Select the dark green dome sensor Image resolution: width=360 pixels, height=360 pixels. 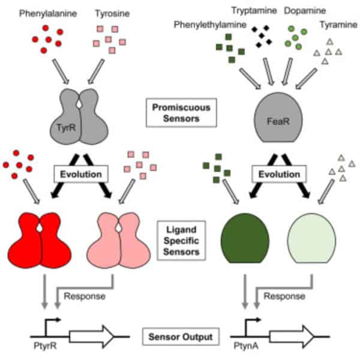pyautogui.click(x=245, y=237)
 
